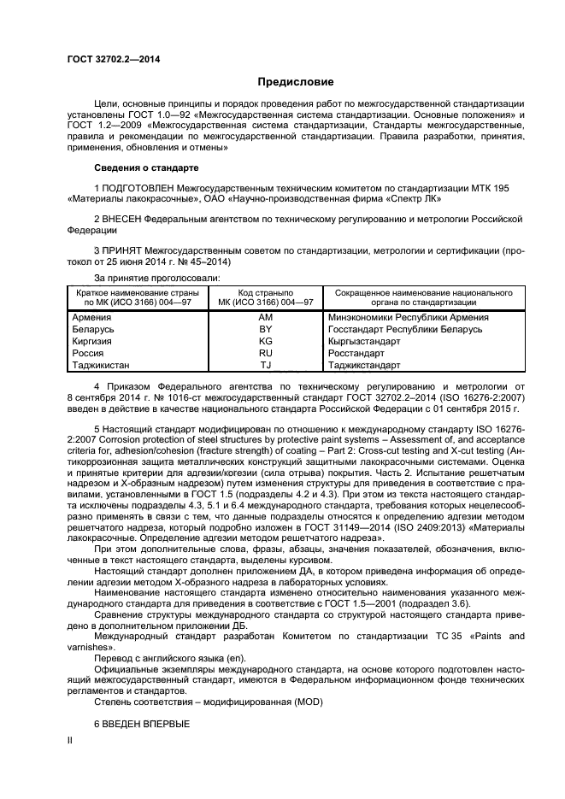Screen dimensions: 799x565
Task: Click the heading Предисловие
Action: (296, 82)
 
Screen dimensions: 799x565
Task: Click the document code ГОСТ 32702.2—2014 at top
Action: (113, 59)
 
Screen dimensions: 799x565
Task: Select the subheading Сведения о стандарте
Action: (145, 168)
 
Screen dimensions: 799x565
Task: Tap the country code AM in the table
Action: (265, 317)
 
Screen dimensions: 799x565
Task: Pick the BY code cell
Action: (265, 329)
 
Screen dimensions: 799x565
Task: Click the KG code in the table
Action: (265, 341)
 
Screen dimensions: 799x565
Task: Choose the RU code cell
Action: (265, 353)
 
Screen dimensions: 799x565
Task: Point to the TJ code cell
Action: (265, 365)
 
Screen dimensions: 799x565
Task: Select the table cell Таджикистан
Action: (103, 365)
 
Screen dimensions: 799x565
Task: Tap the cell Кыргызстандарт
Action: (364, 341)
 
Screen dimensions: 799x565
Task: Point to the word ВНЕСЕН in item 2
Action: (121, 220)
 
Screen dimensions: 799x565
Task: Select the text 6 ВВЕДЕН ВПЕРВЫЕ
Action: (141, 724)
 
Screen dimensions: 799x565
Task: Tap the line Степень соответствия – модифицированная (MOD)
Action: (193, 702)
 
